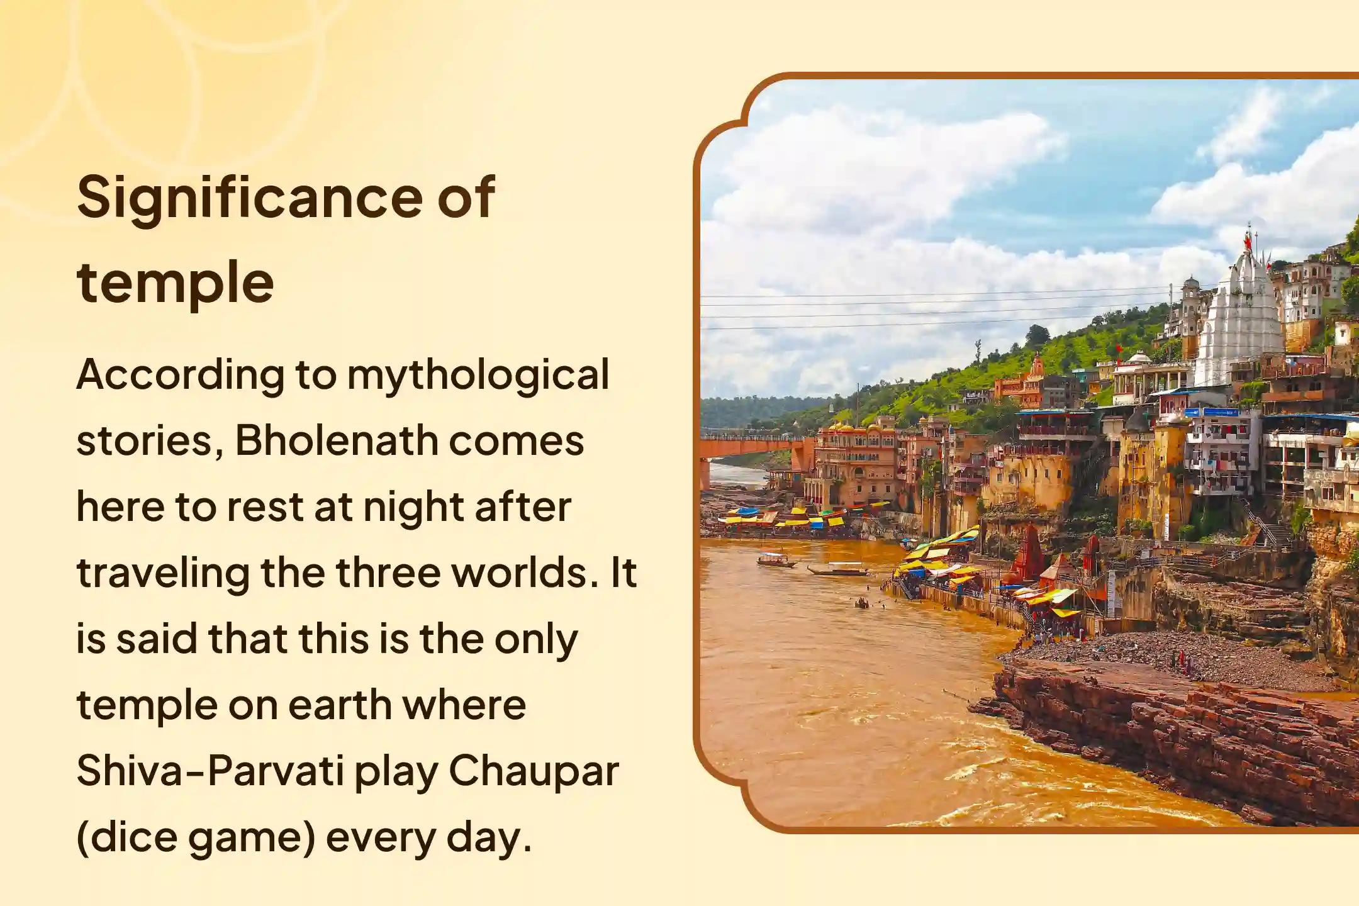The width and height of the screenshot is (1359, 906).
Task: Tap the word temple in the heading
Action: tap(175, 283)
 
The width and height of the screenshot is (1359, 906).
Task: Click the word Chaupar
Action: tap(534, 771)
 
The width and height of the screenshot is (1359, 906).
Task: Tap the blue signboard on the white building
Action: tap(1212, 413)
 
